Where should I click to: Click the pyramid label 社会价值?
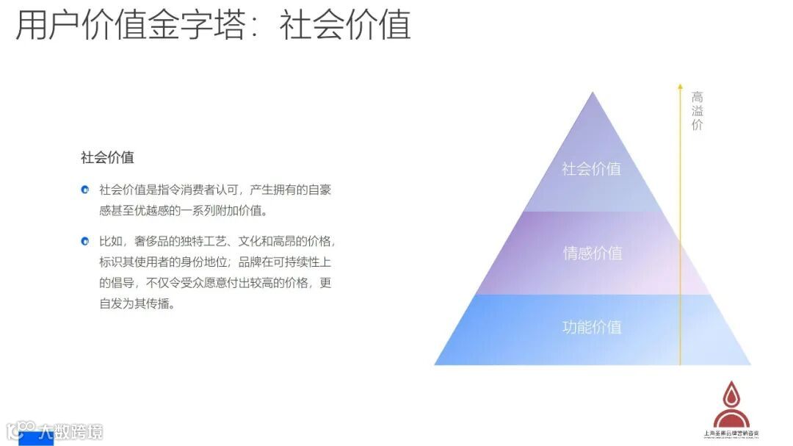tap(591, 168)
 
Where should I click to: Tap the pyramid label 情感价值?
tap(592, 253)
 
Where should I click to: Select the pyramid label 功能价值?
tap(592, 327)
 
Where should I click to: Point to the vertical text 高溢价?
tap(697, 110)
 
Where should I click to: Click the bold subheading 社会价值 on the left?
tap(107, 157)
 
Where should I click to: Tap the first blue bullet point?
tap(85, 190)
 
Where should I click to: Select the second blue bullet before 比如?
tap(85, 241)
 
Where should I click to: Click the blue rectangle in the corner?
tap(35, 439)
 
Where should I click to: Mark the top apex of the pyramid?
tap(593, 93)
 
